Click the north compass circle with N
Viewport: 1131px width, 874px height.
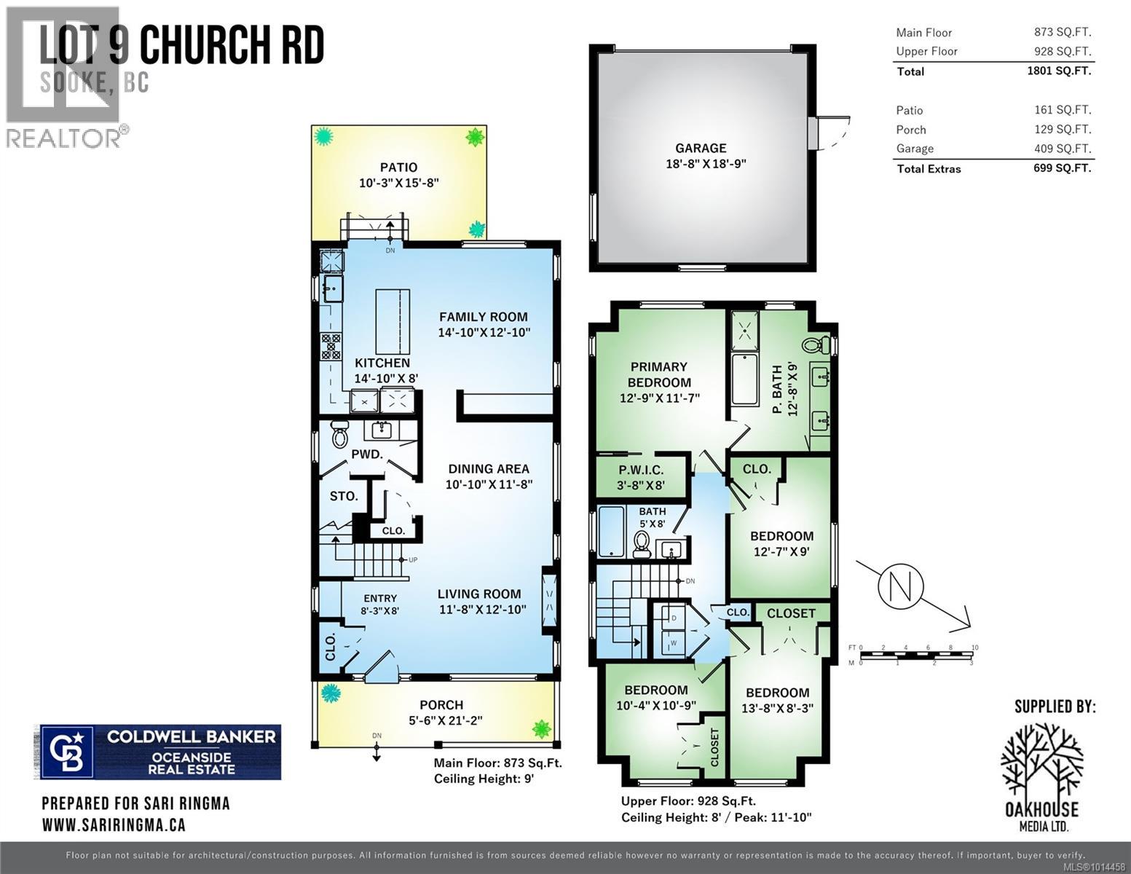tap(900, 586)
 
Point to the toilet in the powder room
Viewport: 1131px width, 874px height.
tap(339, 435)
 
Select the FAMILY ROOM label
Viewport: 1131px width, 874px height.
tap(483, 317)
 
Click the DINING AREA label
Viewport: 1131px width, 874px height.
tap(488, 469)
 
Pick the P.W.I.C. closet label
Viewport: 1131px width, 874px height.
tap(641, 470)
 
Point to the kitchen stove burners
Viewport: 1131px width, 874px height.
tap(331, 345)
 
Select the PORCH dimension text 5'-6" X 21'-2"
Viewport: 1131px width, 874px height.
tap(441, 721)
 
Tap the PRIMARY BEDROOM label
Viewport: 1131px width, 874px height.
tap(659, 374)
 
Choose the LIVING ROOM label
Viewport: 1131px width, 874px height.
tap(479, 594)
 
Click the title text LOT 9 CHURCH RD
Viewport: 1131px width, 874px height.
tap(182, 47)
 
